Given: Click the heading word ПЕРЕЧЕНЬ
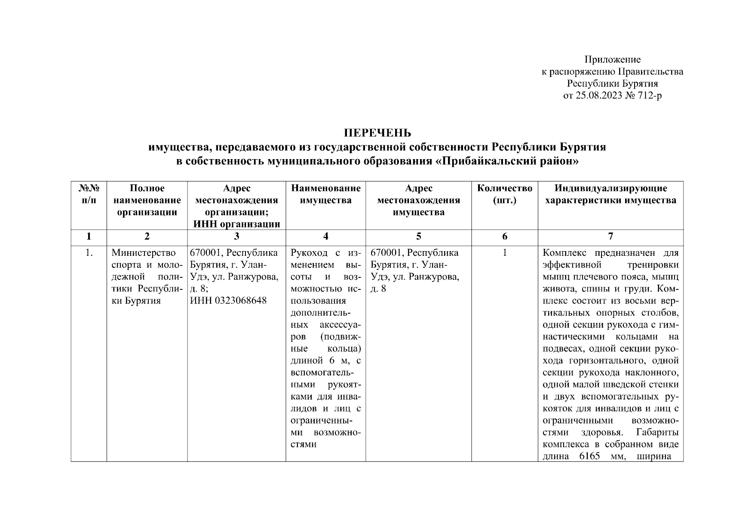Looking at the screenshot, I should pyautogui.click(x=377, y=132).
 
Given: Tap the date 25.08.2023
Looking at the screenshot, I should pyautogui.click(x=598, y=95).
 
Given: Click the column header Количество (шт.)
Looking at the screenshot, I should pyautogui.click(x=505, y=194).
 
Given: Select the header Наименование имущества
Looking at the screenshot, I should pyautogui.click(x=325, y=194).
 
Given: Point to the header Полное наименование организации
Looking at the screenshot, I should pyautogui.click(x=147, y=200).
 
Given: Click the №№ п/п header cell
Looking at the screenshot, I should pyautogui.click(x=89, y=194).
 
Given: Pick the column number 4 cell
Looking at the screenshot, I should pyautogui.click(x=325, y=236).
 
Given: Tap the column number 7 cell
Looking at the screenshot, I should pyautogui.click(x=610, y=236).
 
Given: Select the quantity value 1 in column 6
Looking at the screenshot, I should pyautogui.click(x=505, y=252).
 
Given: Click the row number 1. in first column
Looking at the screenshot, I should pyautogui.click(x=89, y=252).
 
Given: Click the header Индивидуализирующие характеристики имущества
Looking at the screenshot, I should pyautogui.click(x=610, y=194).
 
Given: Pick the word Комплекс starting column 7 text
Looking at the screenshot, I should pyautogui.click(x=561, y=252).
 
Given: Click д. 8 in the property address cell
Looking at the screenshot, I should pyautogui.click(x=378, y=289).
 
